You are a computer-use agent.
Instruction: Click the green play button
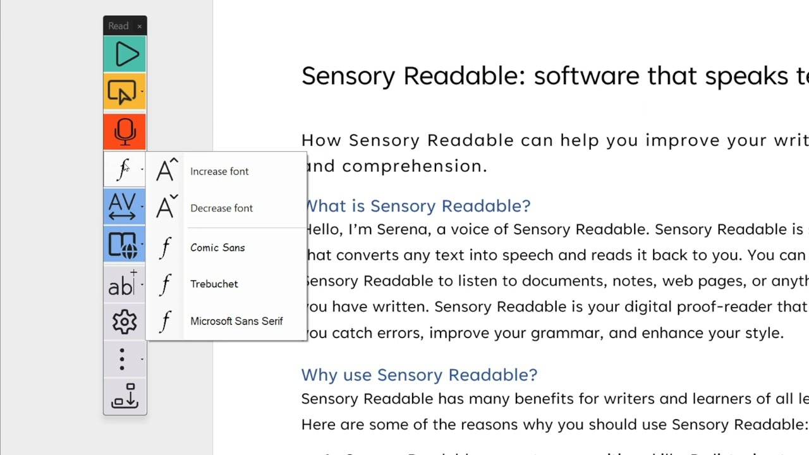pyautogui.click(x=125, y=54)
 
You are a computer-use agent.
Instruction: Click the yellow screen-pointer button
pyautogui.click(x=123, y=92)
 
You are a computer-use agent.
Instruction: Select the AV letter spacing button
pyautogui.click(x=123, y=207)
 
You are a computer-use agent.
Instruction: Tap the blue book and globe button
pyautogui.click(x=123, y=245)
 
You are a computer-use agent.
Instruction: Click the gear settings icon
pyautogui.click(x=125, y=322)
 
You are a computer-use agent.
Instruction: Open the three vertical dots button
pyautogui.click(x=122, y=360)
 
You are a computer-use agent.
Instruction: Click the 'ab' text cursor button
pyautogui.click(x=122, y=284)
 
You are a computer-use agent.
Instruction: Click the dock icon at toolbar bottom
pyautogui.click(x=125, y=396)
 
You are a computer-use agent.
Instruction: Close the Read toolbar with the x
pyautogui.click(x=140, y=26)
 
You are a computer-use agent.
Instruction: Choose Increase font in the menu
pyautogui.click(x=219, y=171)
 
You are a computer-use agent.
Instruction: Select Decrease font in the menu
pyautogui.click(x=221, y=208)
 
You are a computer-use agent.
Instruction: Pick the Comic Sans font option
pyautogui.click(x=217, y=248)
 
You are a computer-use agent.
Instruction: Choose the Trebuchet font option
pyautogui.click(x=214, y=284)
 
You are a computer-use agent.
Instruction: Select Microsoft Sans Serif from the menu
pyautogui.click(x=236, y=321)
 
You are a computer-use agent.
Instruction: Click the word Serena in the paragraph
pyautogui.click(x=401, y=229)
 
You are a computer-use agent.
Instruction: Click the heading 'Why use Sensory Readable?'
pyautogui.click(x=419, y=375)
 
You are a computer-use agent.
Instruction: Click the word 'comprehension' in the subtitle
pyautogui.click(x=415, y=166)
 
